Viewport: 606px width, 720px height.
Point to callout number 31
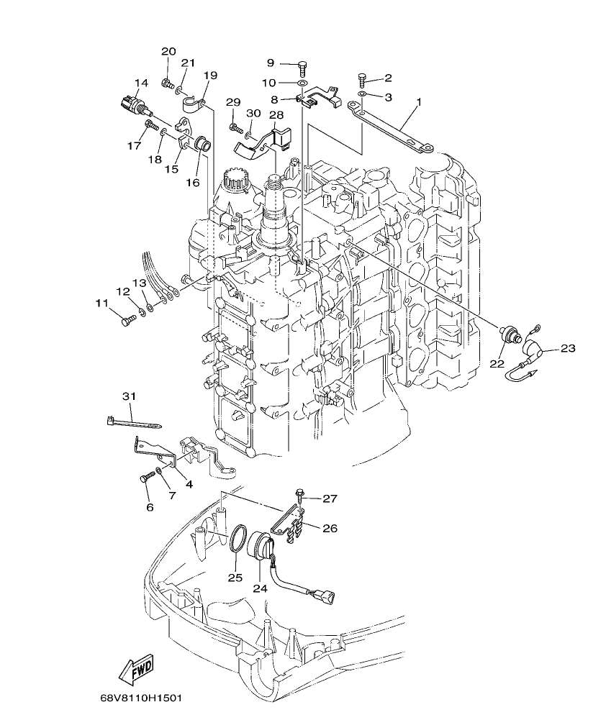[128, 396]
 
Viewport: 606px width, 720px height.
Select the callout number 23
[568, 349]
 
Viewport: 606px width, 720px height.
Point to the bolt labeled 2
[362, 78]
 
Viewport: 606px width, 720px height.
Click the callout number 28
[256, 115]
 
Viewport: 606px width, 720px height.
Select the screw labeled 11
[129, 320]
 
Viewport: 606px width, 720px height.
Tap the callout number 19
[209, 76]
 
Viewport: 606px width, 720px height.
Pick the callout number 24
[259, 588]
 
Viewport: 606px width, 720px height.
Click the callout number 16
[193, 183]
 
